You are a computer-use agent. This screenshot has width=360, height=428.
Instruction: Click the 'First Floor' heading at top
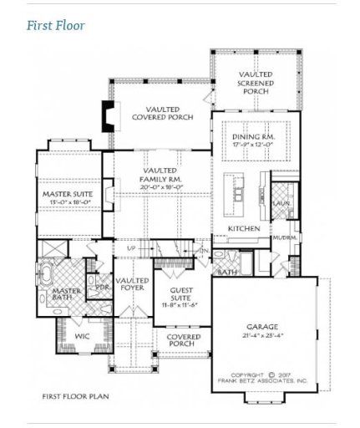(x=55, y=25)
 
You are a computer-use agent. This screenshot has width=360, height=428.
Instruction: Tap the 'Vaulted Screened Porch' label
(x=256, y=82)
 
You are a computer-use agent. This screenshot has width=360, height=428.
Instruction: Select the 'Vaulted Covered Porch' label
(x=162, y=113)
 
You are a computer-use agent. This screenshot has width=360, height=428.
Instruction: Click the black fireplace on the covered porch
(x=107, y=115)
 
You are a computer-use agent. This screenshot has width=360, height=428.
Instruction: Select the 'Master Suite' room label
(x=68, y=197)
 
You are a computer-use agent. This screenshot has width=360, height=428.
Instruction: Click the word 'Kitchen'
(x=244, y=228)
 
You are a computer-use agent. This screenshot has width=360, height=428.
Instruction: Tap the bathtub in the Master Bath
(x=47, y=276)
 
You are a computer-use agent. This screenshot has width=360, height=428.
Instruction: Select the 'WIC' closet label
(x=82, y=335)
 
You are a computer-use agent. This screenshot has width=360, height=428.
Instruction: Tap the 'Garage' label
(x=261, y=327)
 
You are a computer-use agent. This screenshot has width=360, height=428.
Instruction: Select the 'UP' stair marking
(x=131, y=248)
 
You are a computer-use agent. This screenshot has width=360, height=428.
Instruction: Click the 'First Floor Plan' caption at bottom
(x=75, y=396)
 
